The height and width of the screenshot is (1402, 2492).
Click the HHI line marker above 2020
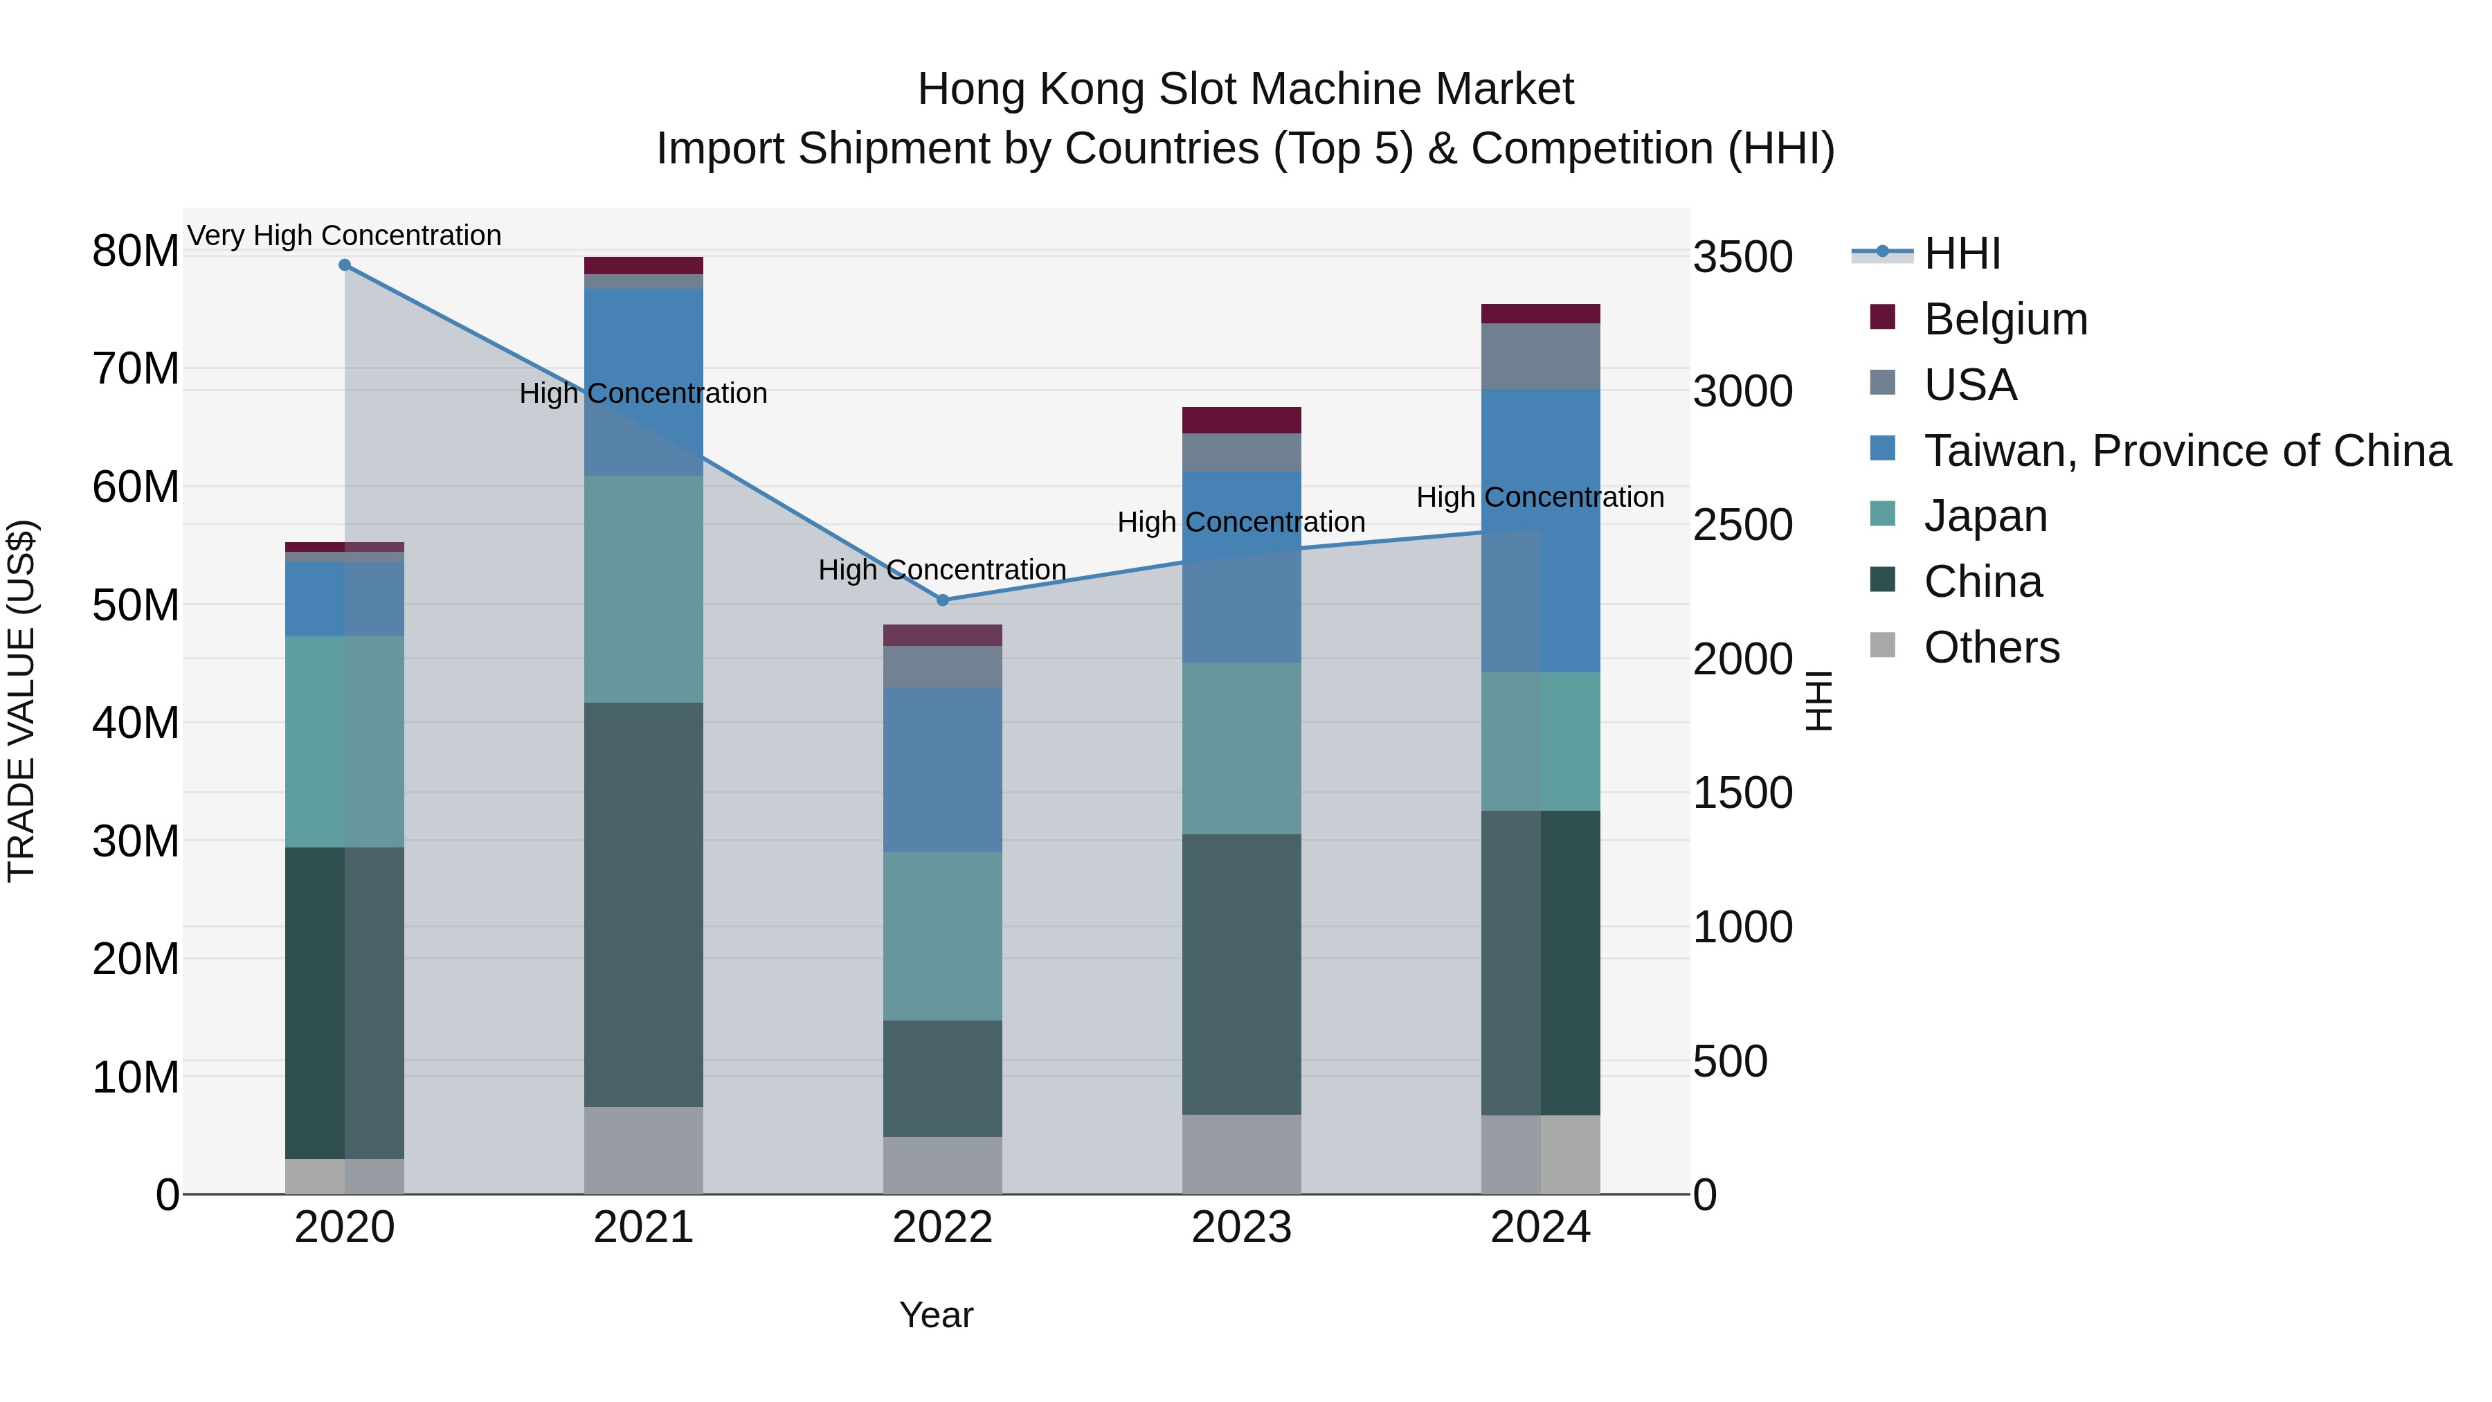(345, 265)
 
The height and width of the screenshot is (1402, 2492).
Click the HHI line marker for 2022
(943, 600)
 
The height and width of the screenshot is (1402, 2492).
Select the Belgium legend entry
(2005, 319)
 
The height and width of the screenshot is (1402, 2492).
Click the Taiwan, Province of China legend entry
(2186, 451)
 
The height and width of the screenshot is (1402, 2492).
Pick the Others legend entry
(1991, 647)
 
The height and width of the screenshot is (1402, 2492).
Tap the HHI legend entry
(1961, 253)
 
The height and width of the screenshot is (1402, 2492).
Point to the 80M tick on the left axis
(136, 251)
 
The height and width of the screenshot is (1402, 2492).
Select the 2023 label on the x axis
(1241, 1228)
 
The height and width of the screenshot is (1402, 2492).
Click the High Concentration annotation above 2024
(1540, 497)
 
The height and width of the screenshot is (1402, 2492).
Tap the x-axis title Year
(935, 1315)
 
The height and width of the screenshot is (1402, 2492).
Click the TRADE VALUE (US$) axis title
(21, 701)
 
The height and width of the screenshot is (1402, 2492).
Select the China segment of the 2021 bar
(643, 905)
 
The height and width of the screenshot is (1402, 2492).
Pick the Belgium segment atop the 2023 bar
(1241, 420)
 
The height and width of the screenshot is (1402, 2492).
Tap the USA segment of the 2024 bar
(1540, 356)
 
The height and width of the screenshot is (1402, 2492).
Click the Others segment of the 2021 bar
(643, 1151)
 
